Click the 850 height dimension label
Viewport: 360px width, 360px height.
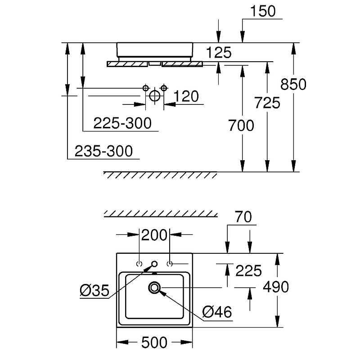click(x=293, y=84)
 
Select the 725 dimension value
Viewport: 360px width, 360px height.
click(x=267, y=103)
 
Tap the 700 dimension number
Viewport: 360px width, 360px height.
click(x=242, y=126)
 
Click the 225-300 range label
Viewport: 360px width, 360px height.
click(x=122, y=122)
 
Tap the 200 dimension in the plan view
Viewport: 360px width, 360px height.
click(x=155, y=234)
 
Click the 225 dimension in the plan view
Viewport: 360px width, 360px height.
click(x=249, y=270)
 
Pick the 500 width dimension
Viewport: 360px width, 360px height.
click(x=154, y=342)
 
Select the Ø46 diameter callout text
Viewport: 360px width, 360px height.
click(x=217, y=311)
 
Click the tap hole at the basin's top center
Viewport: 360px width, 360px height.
click(x=154, y=264)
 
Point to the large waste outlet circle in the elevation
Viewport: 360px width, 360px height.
click(x=154, y=96)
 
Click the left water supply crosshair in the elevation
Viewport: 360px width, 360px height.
click(x=145, y=87)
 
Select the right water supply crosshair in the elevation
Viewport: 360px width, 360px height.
click(x=164, y=87)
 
